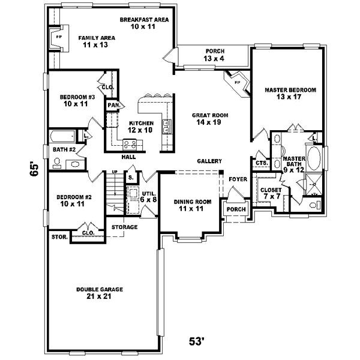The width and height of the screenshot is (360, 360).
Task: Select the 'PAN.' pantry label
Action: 114,106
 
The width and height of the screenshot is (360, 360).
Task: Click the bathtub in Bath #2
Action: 65,136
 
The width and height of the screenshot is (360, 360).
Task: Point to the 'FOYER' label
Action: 238,179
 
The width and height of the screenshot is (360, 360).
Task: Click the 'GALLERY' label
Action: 209,161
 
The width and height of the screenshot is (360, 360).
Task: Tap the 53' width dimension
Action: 197,342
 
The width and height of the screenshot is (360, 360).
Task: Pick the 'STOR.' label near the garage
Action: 58,236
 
